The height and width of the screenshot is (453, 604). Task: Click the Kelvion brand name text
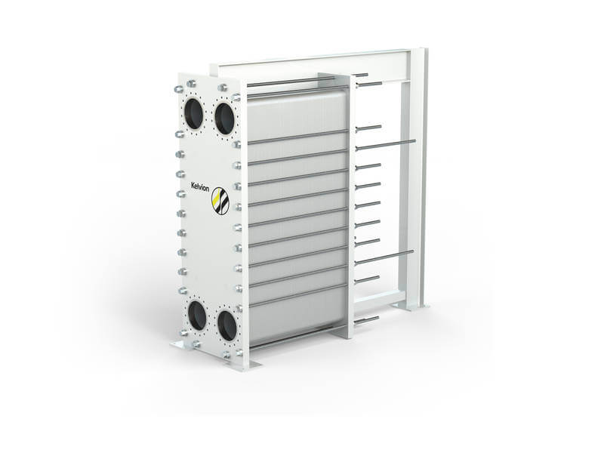(200, 186)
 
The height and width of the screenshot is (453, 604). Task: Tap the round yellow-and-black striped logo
(220, 201)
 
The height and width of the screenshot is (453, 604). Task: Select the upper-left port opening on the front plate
(194, 113)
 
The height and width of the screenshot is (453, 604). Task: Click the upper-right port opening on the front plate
(223, 119)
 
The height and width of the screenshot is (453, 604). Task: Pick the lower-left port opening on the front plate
(197, 316)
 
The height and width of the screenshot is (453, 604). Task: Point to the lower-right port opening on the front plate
(227, 325)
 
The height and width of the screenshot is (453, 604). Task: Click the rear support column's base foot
(411, 307)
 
